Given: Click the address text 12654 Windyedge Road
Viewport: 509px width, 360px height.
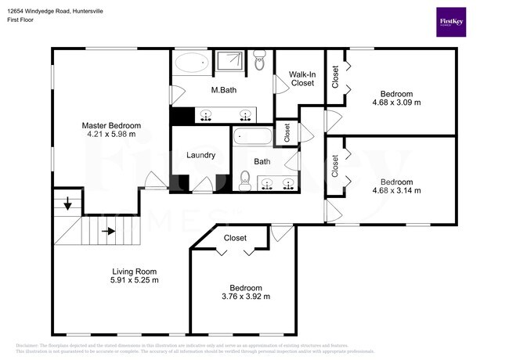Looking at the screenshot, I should (x=46, y=12).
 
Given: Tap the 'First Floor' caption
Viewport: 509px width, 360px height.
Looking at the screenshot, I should (x=22, y=20).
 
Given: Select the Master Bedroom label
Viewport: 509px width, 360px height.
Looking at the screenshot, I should (x=111, y=125).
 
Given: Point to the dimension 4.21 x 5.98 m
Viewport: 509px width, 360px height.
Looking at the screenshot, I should (x=111, y=134).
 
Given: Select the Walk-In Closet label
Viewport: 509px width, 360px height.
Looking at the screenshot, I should (x=301, y=78).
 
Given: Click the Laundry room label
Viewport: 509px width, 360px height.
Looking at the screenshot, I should (x=200, y=155).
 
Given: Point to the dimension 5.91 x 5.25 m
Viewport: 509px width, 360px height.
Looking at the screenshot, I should (x=134, y=280).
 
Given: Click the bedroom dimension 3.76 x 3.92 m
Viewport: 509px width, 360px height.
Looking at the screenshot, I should (x=246, y=297).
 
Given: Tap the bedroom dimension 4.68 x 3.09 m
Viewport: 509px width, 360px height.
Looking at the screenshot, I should (x=396, y=102).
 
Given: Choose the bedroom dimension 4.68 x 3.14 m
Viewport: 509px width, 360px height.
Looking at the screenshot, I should (x=396, y=190).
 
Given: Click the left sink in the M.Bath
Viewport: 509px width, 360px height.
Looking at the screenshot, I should (x=207, y=116).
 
